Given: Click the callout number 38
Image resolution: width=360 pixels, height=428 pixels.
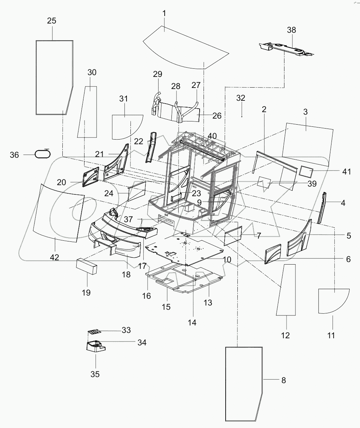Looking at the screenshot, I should (291, 30).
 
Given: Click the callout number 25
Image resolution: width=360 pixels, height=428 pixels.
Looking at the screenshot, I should (52, 21).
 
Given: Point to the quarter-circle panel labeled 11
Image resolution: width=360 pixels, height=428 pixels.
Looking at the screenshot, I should (333, 301).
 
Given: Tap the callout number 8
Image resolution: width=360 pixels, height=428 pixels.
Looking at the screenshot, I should (283, 380).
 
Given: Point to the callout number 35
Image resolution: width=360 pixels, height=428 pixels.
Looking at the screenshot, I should (95, 374).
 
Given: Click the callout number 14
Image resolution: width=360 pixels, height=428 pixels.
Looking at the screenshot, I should (192, 323).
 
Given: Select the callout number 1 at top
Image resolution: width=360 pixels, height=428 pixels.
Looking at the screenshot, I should (164, 14).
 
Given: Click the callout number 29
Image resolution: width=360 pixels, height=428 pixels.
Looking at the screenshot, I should (158, 74).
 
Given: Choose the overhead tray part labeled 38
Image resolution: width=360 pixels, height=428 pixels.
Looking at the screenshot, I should (285, 48).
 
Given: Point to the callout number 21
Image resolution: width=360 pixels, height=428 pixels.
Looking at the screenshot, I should (99, 154).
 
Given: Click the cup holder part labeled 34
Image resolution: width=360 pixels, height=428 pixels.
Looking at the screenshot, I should (95, 345).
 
